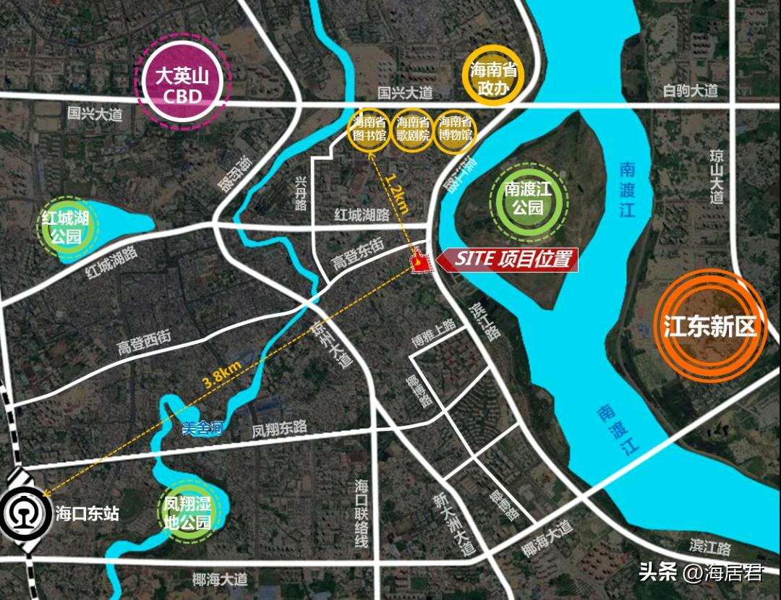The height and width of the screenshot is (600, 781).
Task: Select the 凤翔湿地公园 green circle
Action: point(187,512)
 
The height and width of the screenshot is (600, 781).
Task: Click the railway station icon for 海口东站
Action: point(24,514)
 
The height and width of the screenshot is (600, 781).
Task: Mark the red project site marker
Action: point(419,263)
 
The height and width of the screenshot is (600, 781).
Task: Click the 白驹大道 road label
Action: point(691,90)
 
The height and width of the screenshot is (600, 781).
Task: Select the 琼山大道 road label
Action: point(717,176)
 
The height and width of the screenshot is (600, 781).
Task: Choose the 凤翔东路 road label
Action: point(279,428)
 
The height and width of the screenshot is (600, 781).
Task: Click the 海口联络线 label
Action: point(362,513)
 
